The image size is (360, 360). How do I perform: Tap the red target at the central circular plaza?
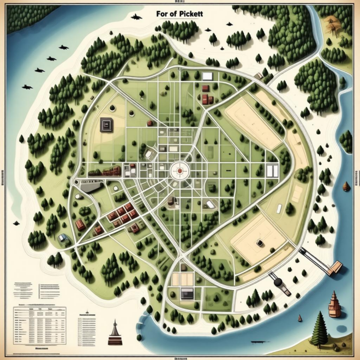pos(179,170)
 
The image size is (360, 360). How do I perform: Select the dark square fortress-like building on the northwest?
pos(106,125)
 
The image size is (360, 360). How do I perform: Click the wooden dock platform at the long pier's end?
pos(335,266)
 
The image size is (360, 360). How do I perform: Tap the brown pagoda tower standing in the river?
pos(334,304)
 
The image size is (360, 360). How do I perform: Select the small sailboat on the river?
pos(299,318)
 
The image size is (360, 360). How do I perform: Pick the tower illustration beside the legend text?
pos(114,332)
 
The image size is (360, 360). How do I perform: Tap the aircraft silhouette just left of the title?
pos(136,17)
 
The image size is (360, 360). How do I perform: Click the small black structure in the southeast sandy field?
pos(260,241)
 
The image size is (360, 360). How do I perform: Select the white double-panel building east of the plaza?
pos(272,171)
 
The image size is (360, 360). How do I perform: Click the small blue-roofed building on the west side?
pos(64,237)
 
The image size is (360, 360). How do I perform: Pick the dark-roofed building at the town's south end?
pos(187,293)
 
